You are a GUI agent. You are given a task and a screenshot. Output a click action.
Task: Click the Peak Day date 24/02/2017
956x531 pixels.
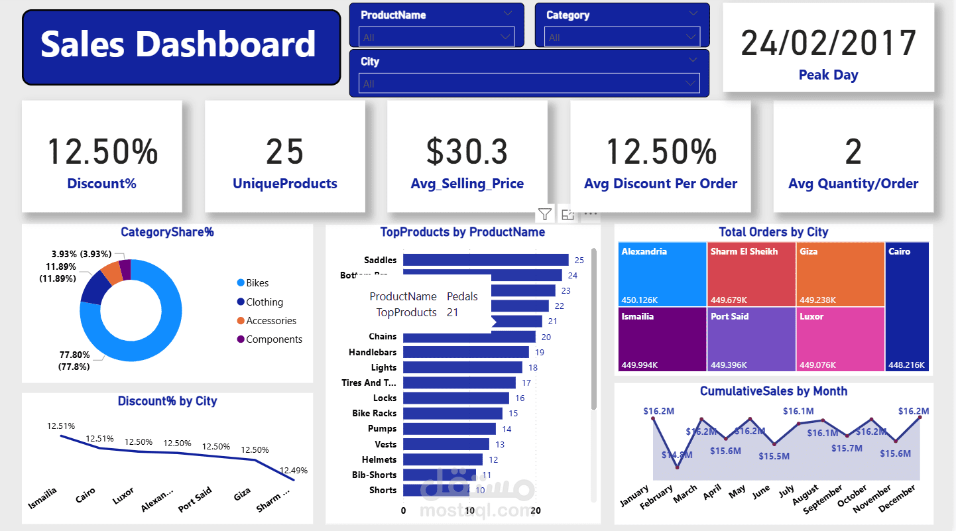[828, 43]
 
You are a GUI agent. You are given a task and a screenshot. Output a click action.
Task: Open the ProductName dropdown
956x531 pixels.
[436, 37]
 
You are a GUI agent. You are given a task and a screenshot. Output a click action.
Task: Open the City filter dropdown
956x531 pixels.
[529, 84]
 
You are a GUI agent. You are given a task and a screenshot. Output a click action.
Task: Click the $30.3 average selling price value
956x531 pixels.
[467, 151]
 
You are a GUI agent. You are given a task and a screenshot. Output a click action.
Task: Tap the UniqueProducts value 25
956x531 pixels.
[284, 151]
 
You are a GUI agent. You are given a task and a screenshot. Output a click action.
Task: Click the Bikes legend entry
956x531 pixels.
[257, 283]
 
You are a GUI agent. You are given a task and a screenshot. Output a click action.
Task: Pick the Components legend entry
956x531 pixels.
[273, 339]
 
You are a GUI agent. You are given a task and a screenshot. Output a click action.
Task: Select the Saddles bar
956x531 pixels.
[485, 260]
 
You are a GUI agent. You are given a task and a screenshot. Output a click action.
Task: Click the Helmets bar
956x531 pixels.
[442, 459]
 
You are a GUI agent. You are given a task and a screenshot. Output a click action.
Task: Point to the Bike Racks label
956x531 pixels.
[374, 413]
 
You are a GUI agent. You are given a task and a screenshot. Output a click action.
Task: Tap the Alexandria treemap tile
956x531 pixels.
[662, 274]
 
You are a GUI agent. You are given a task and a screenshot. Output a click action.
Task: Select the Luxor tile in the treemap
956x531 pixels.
[840, 339]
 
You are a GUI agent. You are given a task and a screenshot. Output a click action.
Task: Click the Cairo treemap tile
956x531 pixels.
[907, 306]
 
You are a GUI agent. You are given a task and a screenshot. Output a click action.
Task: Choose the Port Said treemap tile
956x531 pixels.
[751, 339]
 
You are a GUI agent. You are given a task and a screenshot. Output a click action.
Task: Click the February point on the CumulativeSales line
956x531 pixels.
[678, 467]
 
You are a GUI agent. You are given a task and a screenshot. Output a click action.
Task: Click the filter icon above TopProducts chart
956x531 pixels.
[544, 213]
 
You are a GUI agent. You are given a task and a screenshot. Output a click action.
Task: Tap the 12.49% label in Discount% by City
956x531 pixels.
[293, 471]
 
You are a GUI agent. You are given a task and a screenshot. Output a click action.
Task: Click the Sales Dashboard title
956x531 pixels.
[178, 45]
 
